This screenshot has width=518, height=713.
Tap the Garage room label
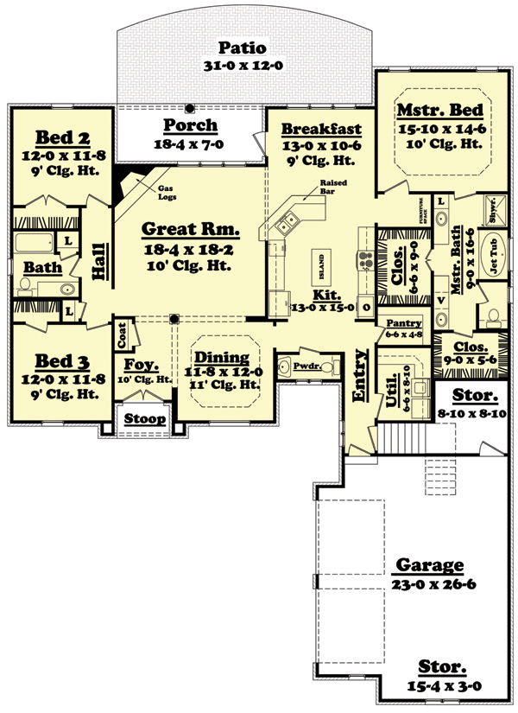pyautogui.click(x=429, y=566)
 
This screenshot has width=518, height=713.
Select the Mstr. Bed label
pyautogui.click(x=439, y=111)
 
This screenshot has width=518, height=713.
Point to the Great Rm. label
pyautogui.click(x=189, y=230)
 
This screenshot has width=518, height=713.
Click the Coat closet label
pyautogui.click(x=121, y=331)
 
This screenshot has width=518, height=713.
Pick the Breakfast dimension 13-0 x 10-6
pyautogui.click(x=318, y=147)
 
